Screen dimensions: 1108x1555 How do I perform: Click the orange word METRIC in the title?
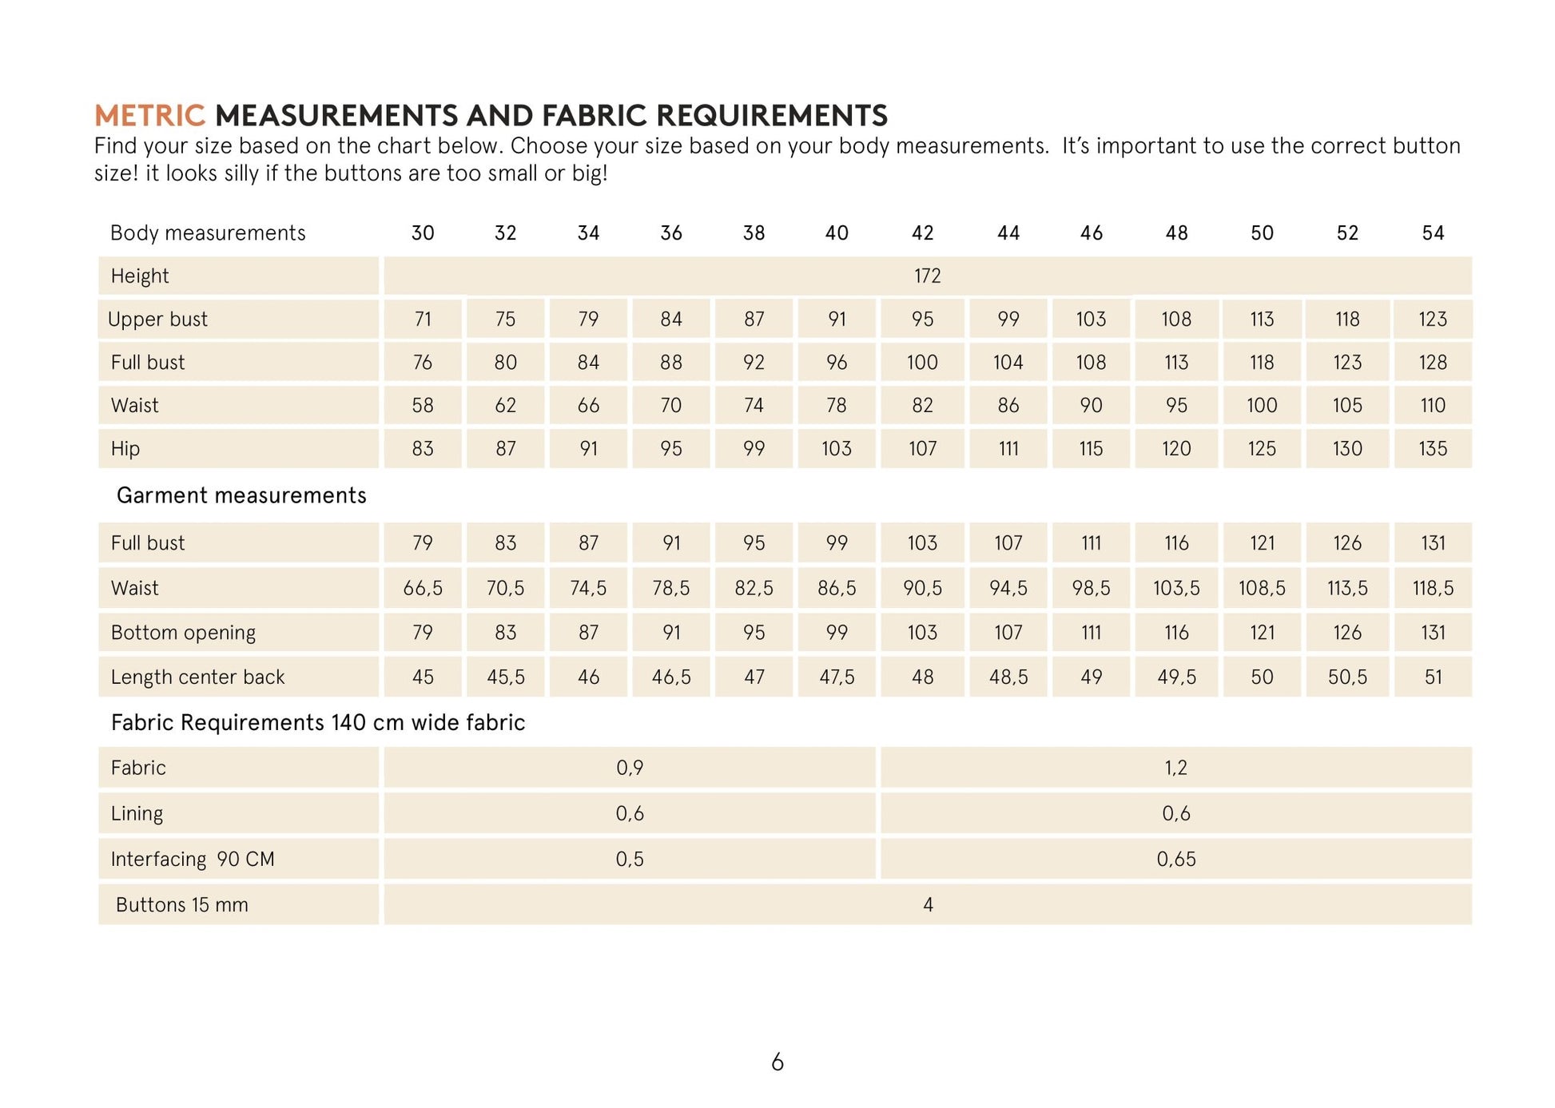coord(149,116)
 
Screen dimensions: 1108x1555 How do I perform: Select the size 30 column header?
coord(423,233)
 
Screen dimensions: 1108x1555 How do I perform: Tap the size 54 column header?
coord(1433,233)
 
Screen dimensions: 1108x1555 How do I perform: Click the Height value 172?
coord(927,276)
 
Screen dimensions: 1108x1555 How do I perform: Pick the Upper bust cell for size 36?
coord(671,320)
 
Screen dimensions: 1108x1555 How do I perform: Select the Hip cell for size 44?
coord(1008,449)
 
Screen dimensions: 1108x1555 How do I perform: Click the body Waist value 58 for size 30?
coord(423,406)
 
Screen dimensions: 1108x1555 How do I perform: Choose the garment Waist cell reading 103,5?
coord(1176,589)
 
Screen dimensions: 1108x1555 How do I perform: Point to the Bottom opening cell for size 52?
coord(1347,633)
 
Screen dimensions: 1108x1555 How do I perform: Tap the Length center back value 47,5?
coord(837,677)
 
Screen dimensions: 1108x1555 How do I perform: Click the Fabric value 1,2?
coord(1175,768)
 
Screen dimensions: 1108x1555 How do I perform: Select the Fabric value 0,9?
coord(630,768)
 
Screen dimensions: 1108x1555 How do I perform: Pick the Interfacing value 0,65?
coord(1176,860)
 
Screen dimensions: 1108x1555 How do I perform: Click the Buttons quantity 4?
coord(928,905)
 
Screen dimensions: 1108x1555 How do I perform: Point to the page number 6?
coord(777,1062)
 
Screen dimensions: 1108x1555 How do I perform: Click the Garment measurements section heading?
coord(241,496)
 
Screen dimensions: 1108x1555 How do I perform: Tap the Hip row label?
coord(125,449)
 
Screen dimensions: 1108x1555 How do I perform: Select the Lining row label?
coord(137,814)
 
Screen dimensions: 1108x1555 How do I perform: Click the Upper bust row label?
coord(157,320)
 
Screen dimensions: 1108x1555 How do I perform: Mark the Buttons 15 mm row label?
coord(182,905)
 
